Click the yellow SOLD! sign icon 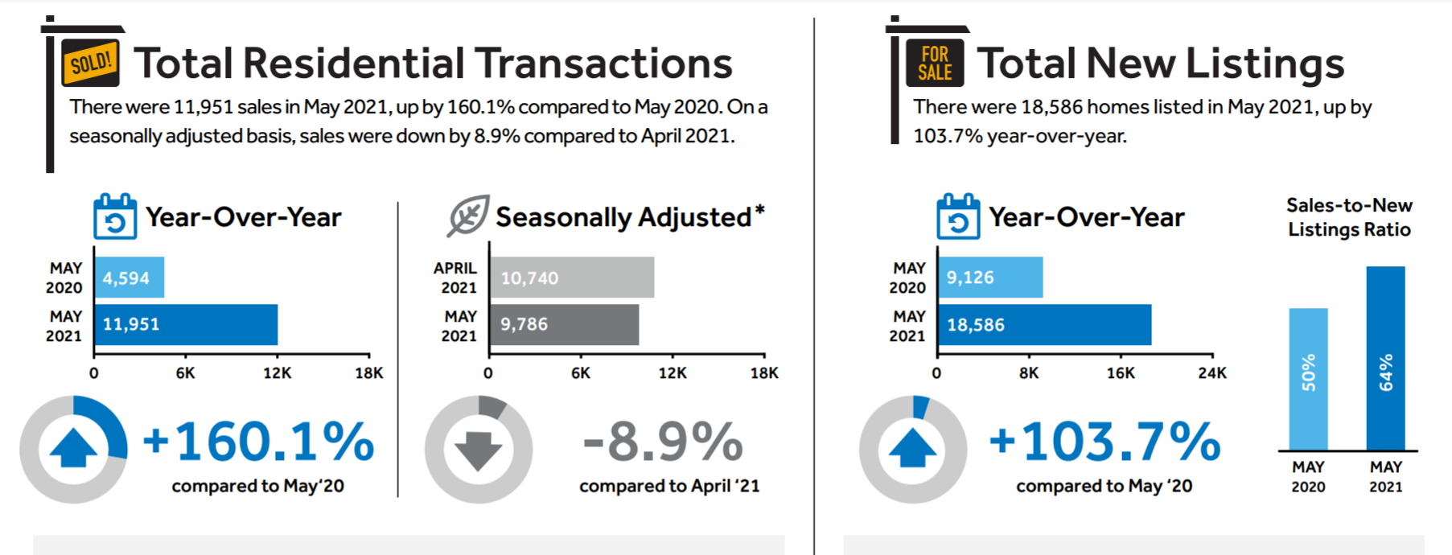[x=90, y=63]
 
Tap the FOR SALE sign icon [x=935, y=64]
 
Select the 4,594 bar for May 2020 [x=129, y=277]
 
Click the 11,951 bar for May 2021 [x=186, y=324]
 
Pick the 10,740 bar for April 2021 [x=572, y=277]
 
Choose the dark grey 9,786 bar [x=564, y=324]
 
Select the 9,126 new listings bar [x=990, y=277]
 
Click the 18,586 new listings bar [x=1044, y=324]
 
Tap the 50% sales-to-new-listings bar [x=1308, y=378]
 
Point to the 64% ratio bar [x=1385, y=358]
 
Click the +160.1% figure [x=258, y=442]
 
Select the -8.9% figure [x=663, y=442]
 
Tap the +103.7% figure [x=1104, y=442]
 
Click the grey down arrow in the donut [x=479, y=450]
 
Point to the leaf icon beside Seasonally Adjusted [x=468, y=216]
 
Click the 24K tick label [x=1212, y=373]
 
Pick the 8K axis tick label [x=1028, y=373]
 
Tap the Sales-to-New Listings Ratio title [x=1349, y=217]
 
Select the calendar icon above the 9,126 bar [x=957, y=216]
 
